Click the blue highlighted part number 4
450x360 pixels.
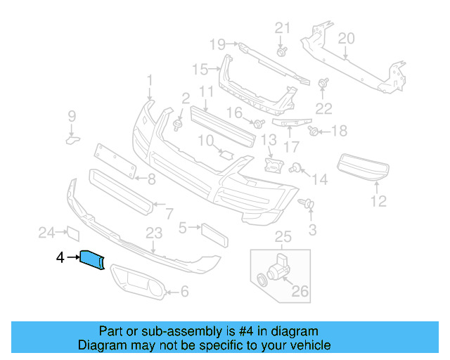tap(93, 259)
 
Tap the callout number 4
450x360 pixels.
tap(60, 259)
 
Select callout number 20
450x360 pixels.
tap(346, 38)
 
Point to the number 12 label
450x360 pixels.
tap(379, 202)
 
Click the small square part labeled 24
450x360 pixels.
tap(71, 233)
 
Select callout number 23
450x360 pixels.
tap(154, 233)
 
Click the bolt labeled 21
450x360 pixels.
tap(281, 51)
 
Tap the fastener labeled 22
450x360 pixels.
tap(325, 84)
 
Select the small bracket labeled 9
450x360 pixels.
tap(72, 139)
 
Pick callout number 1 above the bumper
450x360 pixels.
tap(149, 82)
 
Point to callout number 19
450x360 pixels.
tap(217, 45)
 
